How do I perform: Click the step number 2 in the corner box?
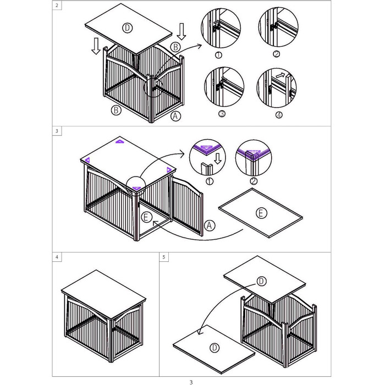(57, 5)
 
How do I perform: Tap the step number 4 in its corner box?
(57, 257)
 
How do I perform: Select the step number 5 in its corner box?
(164, 257)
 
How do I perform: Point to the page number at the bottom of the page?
(191, 382)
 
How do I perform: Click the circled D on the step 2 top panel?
(128, 28)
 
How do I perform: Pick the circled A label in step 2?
(175, 116)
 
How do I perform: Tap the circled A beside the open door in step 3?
(210, 225)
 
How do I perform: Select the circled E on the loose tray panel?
(261, 213)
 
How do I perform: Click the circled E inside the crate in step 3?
(146, 217)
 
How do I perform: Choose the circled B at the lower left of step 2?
(116, 110)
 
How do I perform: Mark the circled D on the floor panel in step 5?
(215, 348)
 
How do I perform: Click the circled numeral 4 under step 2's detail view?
(279, 114)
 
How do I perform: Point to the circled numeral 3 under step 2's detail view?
(222, 114)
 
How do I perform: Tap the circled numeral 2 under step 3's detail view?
(254, 181)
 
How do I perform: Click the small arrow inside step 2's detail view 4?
(280, 75)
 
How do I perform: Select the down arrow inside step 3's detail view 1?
(218, 158)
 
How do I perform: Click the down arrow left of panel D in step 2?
(96, 46)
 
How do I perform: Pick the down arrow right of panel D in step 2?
(182, 31)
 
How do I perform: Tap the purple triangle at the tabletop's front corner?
(136, 188)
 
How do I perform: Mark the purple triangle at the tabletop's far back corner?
(120, 141)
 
